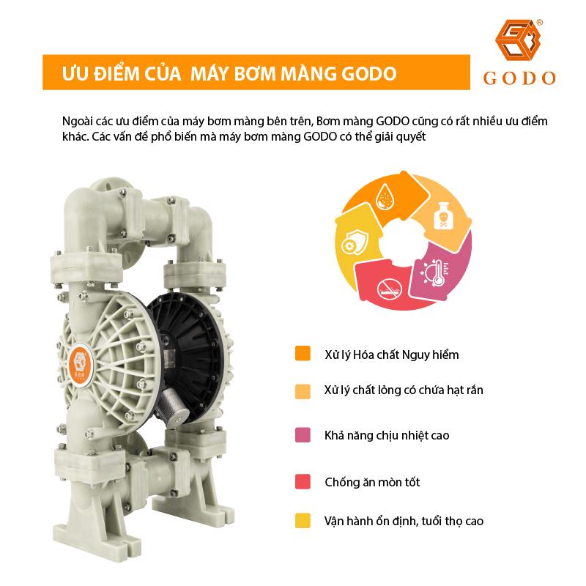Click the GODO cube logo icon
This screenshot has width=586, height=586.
[x=518, y=40]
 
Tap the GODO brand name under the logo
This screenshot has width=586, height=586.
[x=519, y=78]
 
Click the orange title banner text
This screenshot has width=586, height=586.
[x=229, y=73]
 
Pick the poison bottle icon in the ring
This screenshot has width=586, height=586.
[x=444, y=216]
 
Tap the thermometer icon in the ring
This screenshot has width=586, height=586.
[x=436, y=272]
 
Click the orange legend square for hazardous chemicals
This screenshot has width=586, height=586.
[x=303, y=354]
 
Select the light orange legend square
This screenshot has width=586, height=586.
[x=303, y=391]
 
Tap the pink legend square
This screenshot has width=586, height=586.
[x=303, y=435]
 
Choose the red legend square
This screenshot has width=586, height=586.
[x=303, y=481]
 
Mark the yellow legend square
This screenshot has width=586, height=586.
[x=303, y=521]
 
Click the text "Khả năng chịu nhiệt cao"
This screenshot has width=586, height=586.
[x=387, y=435]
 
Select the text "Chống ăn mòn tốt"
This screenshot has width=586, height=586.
[x=372, y=482]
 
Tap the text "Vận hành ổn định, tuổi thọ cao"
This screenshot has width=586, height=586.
[x=404, y=521]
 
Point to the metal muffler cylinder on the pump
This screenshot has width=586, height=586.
[x=173, y=407]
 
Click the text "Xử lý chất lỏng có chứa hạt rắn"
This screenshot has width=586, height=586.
[x=404, y=390]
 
